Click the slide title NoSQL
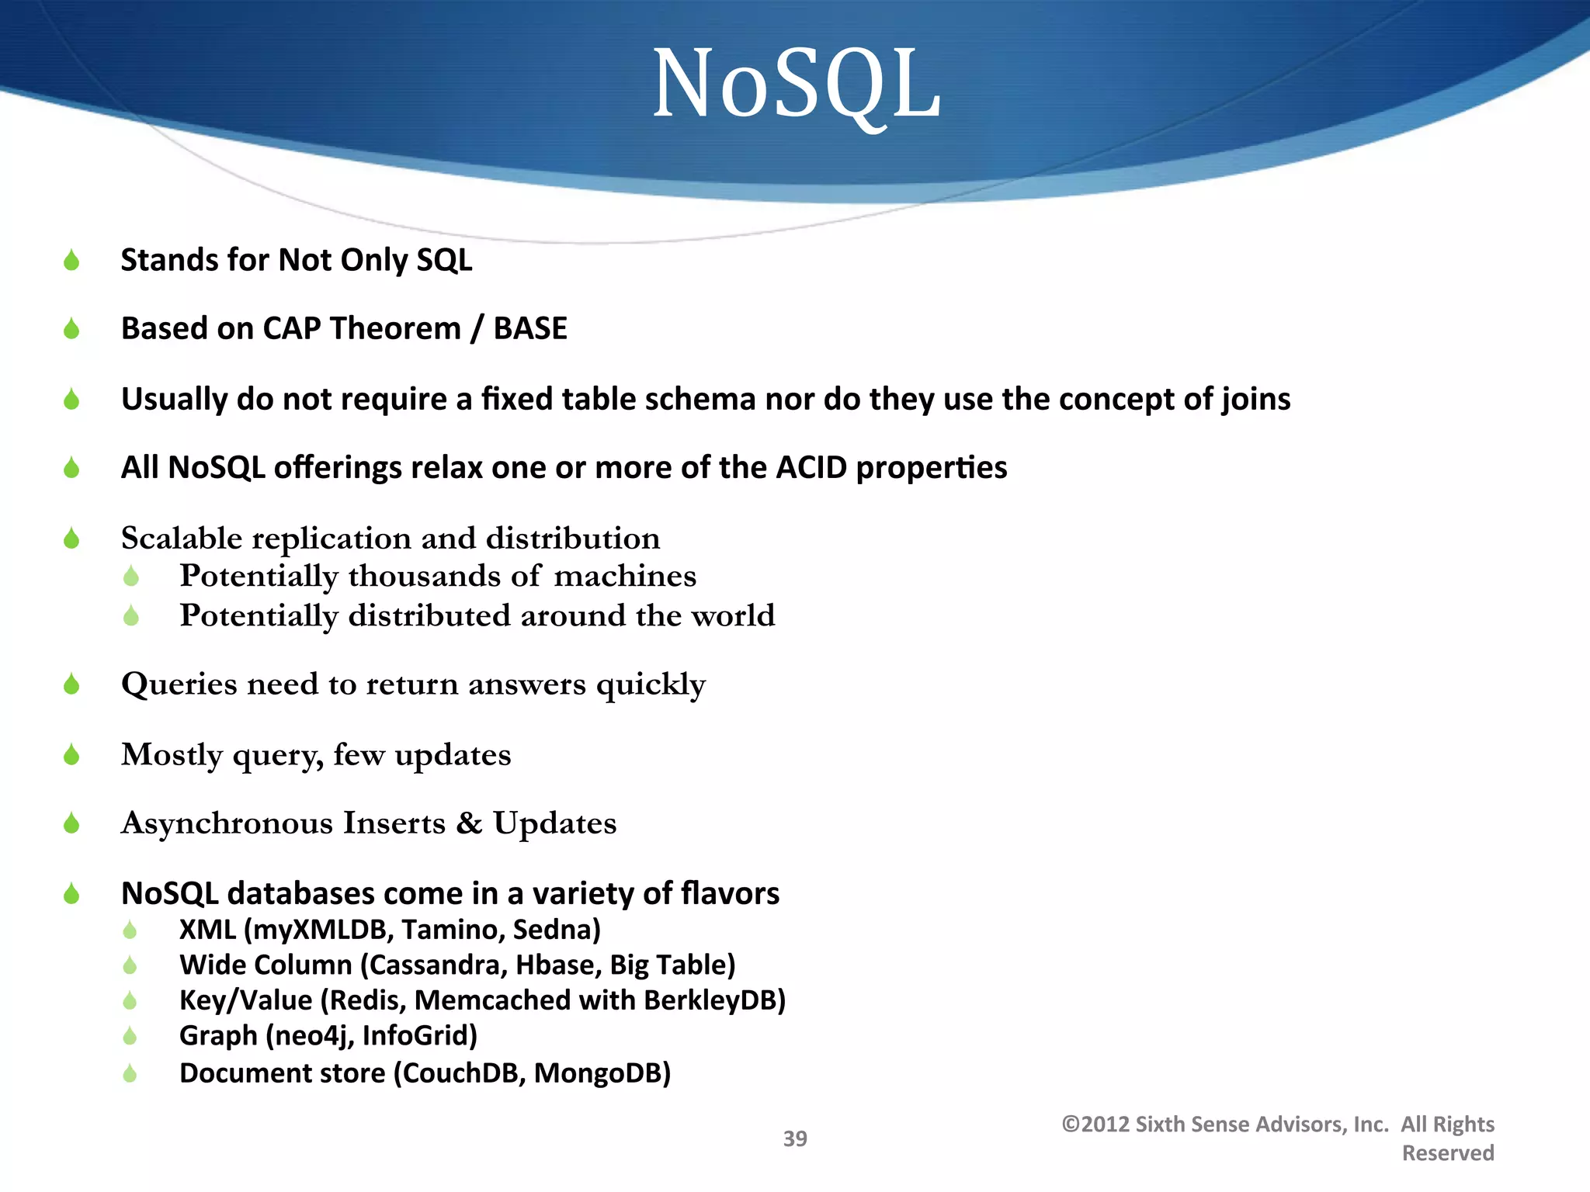(x=797, y=84)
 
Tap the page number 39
(x=795, y=1138)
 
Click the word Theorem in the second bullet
(x=395, y=328)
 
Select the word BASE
(x=530, y=328)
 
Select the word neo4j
(x=310, y=1036)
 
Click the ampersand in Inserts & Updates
(x=469, y=823)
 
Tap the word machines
(x=625, y=576)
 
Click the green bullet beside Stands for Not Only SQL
(x=71, y=260)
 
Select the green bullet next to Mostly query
(x=71, y=754)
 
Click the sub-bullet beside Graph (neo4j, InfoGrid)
(x=130, y=1036)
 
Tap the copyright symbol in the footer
(x=1071, y=1124)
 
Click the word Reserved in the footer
(x=1448, y=1153)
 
